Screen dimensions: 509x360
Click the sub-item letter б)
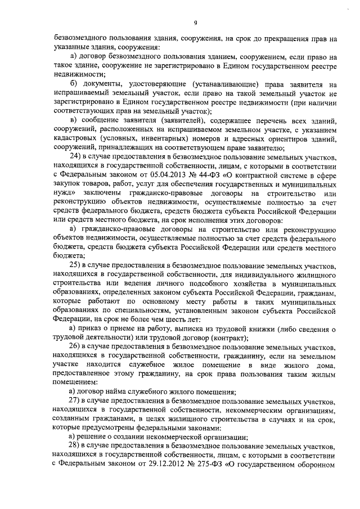click(x=73, y=84)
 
